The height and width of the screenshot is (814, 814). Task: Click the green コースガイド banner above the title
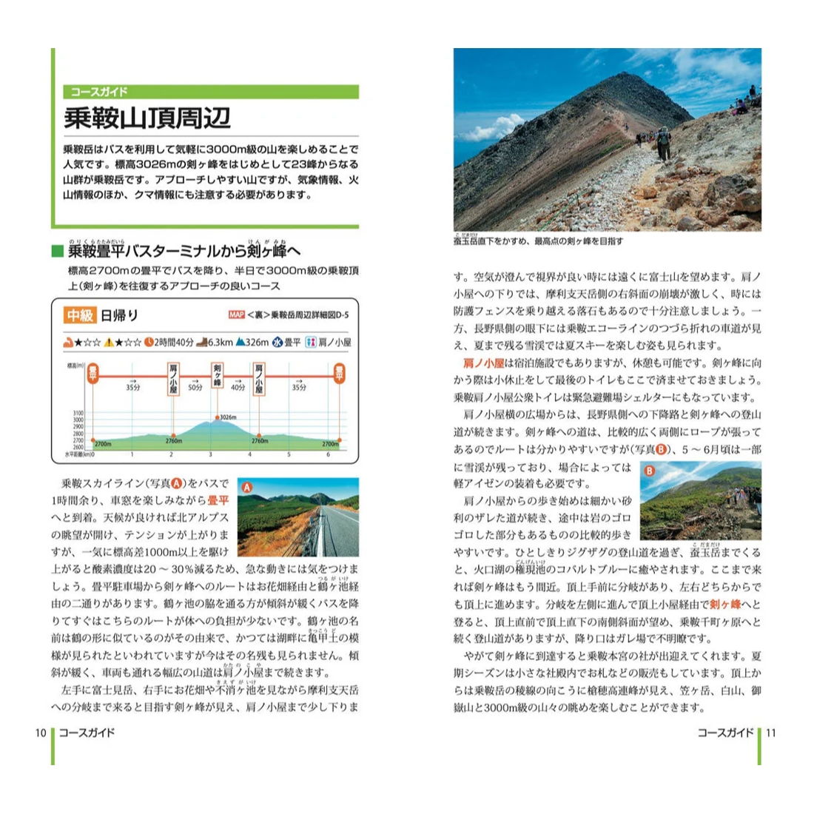coord(211,92)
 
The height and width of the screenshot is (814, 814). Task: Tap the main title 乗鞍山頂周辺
coord(147,118)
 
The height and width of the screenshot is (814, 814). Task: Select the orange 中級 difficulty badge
coord(80,315)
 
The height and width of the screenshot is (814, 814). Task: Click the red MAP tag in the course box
coord(236,314)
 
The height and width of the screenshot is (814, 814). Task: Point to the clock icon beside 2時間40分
coord(148,343)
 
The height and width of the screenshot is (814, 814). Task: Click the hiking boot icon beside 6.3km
coord(201,343)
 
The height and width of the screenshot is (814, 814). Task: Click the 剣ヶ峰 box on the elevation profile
coord(217,376)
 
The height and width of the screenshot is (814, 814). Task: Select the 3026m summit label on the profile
coord(226,417)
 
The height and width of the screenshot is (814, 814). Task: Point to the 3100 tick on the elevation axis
coord(78,414)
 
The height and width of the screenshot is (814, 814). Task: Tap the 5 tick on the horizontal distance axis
coord(289,454)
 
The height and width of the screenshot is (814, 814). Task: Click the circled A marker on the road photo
coord(247,487)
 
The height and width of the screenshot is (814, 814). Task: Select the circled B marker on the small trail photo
coord(650,471)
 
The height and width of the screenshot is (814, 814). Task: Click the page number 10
coord(41,733)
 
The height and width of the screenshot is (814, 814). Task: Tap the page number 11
coord(771,733)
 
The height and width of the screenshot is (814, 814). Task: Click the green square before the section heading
coord(58,252)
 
